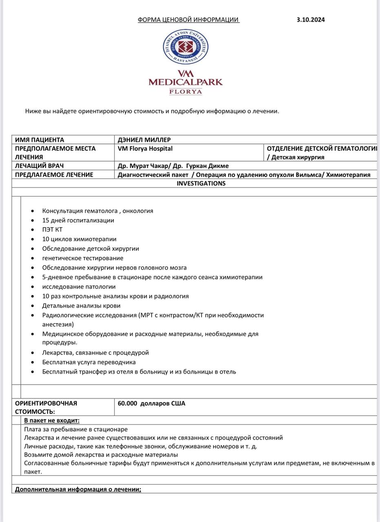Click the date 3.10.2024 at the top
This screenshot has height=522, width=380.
(311, 20)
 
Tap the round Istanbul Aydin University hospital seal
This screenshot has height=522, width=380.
(185, 47)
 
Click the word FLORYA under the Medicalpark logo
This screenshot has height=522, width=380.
(186, 92)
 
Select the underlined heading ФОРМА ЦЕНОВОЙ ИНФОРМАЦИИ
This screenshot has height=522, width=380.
(188, 20)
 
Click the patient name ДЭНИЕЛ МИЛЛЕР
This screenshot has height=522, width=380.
(144, 140)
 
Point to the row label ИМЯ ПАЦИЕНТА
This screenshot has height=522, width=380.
(40, 140)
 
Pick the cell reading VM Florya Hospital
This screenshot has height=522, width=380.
(145, 148)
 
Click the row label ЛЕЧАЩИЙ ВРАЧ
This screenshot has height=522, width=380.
(39, 166)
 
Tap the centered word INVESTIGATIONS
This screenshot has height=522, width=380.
(201, 184)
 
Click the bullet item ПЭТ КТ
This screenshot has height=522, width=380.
(53, 230)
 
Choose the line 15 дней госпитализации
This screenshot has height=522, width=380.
(78, 220)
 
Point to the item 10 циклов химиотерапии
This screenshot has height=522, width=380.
(79, 239)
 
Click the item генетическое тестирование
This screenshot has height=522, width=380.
(83, 258)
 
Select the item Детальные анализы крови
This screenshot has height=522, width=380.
(81, 305)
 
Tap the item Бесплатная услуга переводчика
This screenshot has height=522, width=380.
(89, 362)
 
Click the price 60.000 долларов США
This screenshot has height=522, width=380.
(151, 403)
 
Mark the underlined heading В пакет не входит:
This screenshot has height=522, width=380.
(52, 420)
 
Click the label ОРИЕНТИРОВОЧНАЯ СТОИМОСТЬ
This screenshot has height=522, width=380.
(46, 407)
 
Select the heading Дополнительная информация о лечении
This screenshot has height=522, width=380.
(78, 489)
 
